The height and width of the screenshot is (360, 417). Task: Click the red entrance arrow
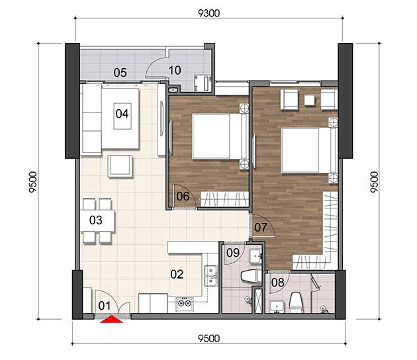[111, 319]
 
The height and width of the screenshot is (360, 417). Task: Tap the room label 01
[105, 306]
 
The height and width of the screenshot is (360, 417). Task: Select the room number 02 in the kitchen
[177, 274]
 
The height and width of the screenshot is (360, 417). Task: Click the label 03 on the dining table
[96, 220]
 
